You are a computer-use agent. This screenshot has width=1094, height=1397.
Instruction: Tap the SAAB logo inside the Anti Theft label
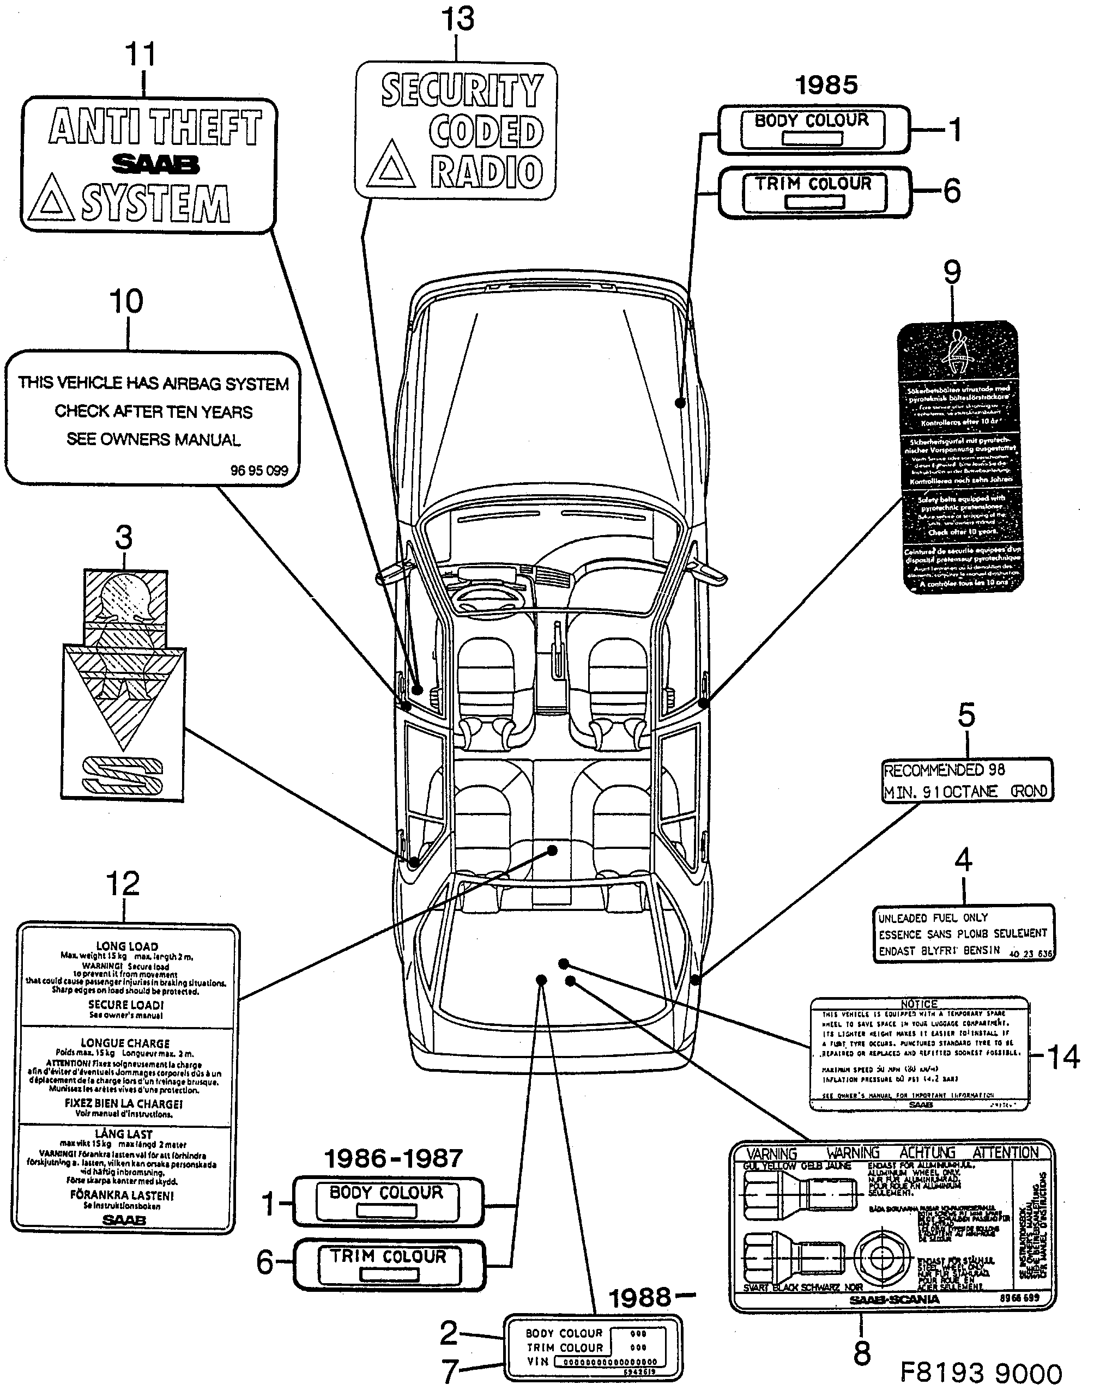tap(156, 165)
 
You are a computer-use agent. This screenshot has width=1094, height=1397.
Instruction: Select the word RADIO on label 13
tap(487, 172)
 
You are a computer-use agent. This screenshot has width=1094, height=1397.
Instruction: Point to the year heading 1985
tap(826, 85)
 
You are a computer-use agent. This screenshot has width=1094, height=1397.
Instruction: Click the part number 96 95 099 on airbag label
tap(259, 471)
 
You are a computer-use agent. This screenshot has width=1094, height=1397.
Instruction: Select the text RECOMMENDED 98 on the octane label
tap(944, 770)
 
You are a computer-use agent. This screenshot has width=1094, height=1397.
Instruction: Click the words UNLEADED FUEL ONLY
tap(933, 918)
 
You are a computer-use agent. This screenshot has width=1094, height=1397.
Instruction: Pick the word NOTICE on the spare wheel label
tap(918, 1004)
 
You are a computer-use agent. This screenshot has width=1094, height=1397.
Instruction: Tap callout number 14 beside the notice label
tap(1062, 1056)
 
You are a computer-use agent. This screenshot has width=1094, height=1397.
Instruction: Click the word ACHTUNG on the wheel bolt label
tap(927, 1152)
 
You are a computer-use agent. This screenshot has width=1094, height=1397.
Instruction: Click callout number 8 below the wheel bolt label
tap(862, 1353)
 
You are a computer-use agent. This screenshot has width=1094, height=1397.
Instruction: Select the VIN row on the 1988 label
tap(593, 1362)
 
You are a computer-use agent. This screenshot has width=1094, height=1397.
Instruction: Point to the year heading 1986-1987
tap(393, 1158)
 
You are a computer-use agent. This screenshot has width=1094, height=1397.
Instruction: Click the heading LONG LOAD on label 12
tap(127, 946)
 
